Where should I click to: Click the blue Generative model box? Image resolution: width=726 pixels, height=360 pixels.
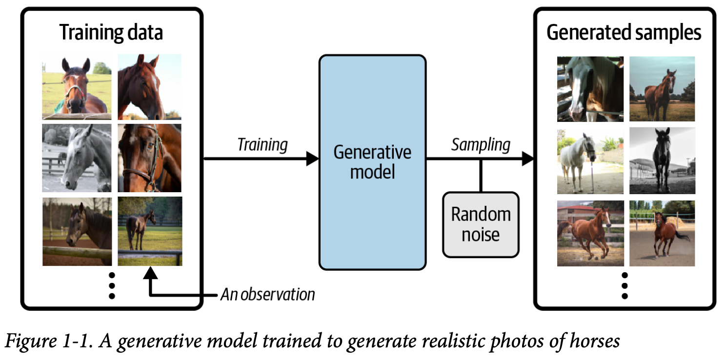coord(372,162)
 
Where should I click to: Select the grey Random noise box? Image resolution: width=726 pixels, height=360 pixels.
coord(481,224)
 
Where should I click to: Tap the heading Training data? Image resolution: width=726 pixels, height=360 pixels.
coord(111,33)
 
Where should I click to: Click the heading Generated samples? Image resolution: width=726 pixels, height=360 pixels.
coord(624,33)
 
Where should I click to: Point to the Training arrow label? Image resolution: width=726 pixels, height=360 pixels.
coord(262,144)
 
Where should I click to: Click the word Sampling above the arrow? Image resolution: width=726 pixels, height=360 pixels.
coord(481,144)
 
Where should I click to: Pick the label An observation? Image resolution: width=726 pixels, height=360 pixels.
coord(268,295)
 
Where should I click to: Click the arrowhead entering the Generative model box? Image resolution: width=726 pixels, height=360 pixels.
coord(313,159)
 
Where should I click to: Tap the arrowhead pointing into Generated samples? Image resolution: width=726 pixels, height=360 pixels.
coord(527,159)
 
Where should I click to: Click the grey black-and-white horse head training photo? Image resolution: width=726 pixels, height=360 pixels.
coord(76,158)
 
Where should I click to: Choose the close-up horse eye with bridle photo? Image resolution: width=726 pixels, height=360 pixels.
coord(150,158)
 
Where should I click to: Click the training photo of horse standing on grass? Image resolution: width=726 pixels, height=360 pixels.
coord(150,231)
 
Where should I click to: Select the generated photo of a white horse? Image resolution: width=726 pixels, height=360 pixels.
coord(590,161)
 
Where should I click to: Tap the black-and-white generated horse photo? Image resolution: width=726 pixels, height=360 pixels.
coord(662,161)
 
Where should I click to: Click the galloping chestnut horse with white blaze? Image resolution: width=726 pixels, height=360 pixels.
coord(590,233)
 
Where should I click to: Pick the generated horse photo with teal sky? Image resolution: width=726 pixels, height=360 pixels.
coord(662,89)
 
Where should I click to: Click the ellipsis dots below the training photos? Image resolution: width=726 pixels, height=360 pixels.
coord(112,285)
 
